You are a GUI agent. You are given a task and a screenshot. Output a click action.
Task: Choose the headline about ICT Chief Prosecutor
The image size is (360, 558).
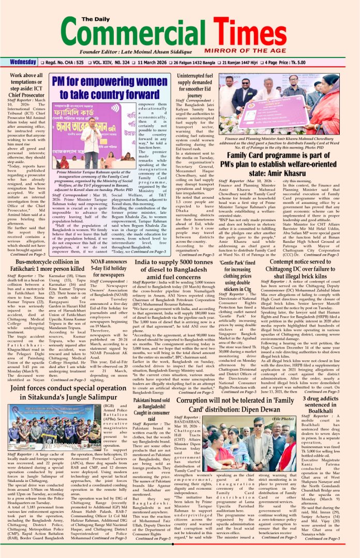[x=26, y=84]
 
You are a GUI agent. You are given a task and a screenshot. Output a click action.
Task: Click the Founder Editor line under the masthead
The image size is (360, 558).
[x=143, y=52]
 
